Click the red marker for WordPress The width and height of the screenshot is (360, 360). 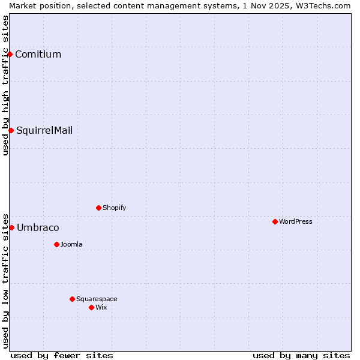pyautogui.click(x=275, y=221)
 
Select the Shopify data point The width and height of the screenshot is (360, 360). pyautogui.click(x=98, y=208)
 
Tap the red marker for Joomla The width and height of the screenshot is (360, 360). pyautogui.click(x=56, y=244)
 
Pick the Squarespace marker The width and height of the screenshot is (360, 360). pyautogui.click(x=72, y=299)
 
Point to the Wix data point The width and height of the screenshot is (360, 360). pyautogui.click(x=91, y=307)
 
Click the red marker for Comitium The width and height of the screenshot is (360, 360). pyautogui.click(x=10, y=54)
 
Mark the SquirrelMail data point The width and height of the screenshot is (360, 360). pyautogui.click(x=11, y=130)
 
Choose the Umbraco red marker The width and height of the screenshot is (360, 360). pyautogui.click(x=11, y=227)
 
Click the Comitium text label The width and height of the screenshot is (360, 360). pyautogui.click(x=38, y=55)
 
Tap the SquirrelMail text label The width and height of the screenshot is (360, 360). pyautogui.click(x=44, y=131)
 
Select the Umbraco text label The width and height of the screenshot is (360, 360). pyautogui.click(x=38, y=228)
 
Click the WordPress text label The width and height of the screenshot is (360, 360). pyautogui.click(x=296, y=221)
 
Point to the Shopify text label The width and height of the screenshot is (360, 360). pyautogui.click(x=115, y=208)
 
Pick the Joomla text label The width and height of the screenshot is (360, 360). pyautogui.click(x=71, y=244)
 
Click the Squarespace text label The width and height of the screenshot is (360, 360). pyautogui.click(x=97, y=299)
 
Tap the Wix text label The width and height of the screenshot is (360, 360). pyautogui.click(x=101, y=307)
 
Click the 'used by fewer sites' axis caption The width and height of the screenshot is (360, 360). pyautogui.click(x=62, y=355)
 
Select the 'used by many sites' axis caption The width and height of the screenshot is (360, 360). pyautogui.click(x=301, y=355)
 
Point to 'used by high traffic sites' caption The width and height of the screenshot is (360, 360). pyautogui.click(x=5, y=85)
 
